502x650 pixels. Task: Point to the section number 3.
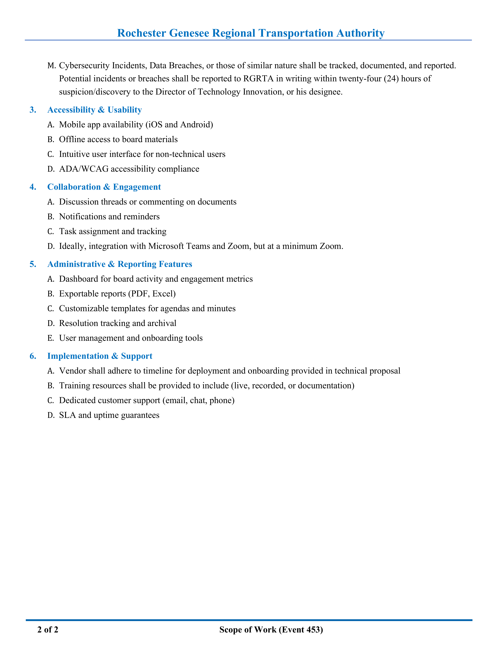click(33, 110)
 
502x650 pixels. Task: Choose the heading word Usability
click(125, 110)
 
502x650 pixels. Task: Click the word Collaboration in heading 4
click(74, 187)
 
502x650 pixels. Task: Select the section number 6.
click(33, 356)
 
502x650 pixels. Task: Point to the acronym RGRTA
click(258, 79)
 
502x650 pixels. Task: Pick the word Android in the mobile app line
click(196, 124)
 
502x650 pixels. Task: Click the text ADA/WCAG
click(84, 169)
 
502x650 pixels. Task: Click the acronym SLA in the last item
click(68, 415)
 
